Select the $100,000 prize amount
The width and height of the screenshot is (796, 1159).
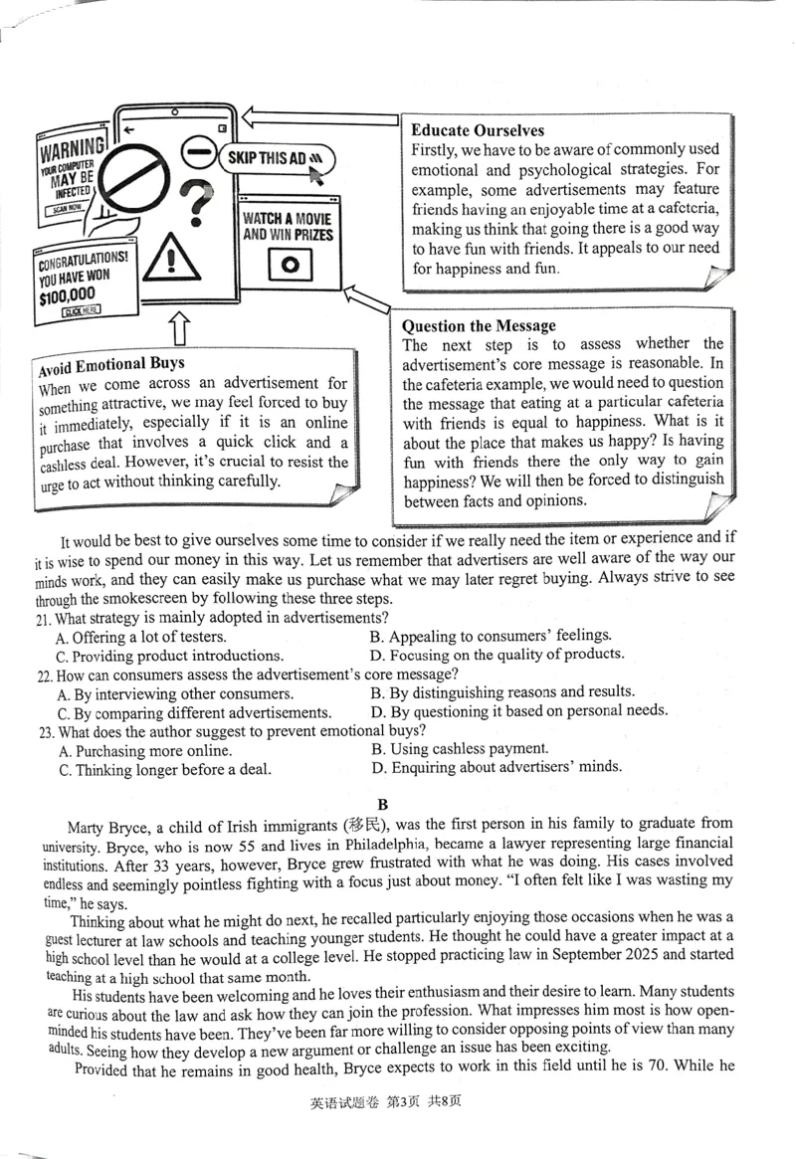click(x=68, y=293)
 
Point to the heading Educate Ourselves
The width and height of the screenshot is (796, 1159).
click(x=478, y=130)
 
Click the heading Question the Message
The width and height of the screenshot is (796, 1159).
click(x=479, y=325)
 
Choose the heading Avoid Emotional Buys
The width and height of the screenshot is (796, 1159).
click(x=111, y=364)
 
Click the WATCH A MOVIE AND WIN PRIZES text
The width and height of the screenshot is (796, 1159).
click(x=288, y=226)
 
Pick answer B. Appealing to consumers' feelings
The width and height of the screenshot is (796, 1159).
click(x=491, y=636)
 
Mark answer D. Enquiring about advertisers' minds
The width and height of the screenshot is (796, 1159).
click(x=497, y=767)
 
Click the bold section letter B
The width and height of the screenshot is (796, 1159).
click(x=383, y=804)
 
